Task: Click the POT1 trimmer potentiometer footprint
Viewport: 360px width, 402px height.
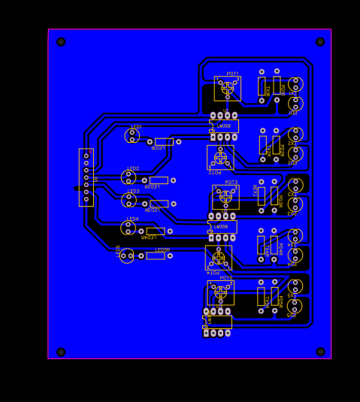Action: (227, 88)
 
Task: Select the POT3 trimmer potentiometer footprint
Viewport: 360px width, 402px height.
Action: (225, 196)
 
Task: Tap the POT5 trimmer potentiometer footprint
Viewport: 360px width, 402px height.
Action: (220, 292)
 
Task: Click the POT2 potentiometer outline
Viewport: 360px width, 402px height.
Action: (220, 157)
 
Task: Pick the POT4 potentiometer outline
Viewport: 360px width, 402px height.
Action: (219, 258)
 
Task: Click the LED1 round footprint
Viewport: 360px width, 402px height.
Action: (132, 135)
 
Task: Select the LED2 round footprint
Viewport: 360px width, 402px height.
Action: (129, 177)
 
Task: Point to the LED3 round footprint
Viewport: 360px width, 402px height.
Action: (129, 200)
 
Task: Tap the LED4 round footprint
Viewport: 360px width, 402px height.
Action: (128, 228)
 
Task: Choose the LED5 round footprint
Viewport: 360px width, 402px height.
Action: (126, 255)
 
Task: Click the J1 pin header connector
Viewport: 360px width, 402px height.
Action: (86, 177)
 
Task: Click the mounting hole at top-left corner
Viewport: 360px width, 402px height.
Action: (61, 42)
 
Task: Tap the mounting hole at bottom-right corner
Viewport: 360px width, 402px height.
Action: (320, 352)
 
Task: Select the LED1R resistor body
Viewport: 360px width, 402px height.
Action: (164, 141)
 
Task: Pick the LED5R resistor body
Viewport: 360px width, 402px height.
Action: (156, 255)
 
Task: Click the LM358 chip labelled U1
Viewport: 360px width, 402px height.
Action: (224, 126)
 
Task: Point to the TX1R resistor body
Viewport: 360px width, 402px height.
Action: (262, 86)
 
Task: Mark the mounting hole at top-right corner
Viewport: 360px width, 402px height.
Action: (320, 42)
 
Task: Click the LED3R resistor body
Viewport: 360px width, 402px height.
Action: (159, 204)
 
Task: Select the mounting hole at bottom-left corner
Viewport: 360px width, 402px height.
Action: (61, 352)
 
